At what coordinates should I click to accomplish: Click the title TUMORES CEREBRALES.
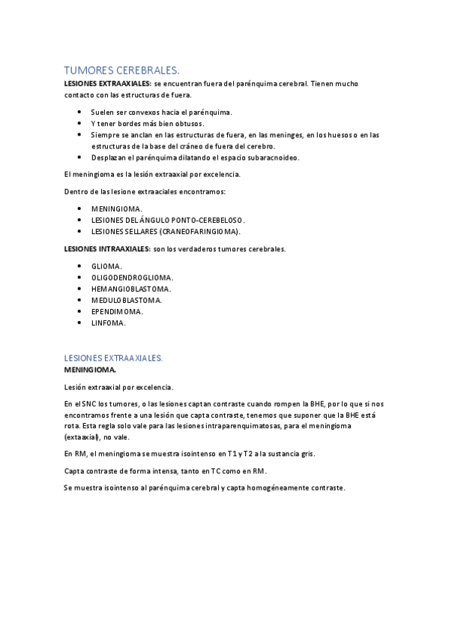[121, 70]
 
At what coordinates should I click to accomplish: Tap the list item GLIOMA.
[106, 266]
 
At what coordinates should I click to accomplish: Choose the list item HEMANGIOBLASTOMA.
[130, 289]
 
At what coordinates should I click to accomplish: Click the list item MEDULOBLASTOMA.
[126, 300]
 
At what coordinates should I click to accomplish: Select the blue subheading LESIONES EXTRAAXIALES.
[113, 358]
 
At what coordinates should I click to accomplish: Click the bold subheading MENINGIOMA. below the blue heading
[90, 370]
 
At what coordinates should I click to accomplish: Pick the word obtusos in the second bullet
[189, 124]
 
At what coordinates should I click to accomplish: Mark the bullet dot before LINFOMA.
[80, 322]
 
